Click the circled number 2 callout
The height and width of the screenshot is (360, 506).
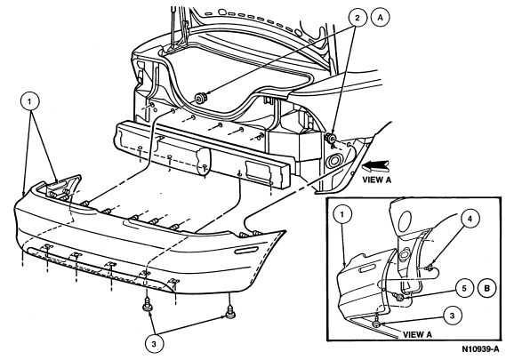point(357,18)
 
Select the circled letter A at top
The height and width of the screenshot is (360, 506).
point(380,18)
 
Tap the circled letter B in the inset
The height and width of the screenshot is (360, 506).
point(487,288)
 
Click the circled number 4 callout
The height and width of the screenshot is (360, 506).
point(470,219)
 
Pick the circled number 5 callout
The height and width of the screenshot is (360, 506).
point(464,288)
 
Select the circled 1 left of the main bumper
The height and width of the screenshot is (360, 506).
point(29,101)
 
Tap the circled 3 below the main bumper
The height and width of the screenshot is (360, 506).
point(154,344)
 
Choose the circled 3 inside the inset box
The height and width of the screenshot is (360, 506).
point(452,316)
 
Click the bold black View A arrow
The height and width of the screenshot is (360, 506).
point(375,166)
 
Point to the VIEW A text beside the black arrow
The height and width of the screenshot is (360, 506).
point(376,180)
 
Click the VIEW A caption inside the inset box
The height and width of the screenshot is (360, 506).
point(417,335)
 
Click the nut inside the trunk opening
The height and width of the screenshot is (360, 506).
point(201,98)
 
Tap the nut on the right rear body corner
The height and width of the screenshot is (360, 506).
point(330,138)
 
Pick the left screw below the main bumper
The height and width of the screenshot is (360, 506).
point(148,306)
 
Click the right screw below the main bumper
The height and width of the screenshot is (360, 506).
point(229,313)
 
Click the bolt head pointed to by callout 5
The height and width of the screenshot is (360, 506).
point(399,297)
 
